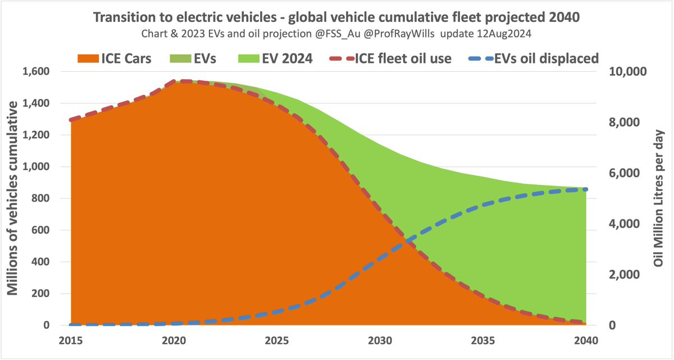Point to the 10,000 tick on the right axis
click(627, 71)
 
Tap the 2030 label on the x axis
click(380, 340)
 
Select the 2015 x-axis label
click(71, 340)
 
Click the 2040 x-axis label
click(586, 340)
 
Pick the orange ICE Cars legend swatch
click(88, 58)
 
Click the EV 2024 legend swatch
click(248, 58)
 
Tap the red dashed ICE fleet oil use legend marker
click(342, 58)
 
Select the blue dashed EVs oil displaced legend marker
click(481, 58)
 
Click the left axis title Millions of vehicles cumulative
click(12, 198)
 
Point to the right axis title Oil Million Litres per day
click(658, 198)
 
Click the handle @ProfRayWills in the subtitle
click(399, 33)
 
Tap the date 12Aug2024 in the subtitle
click(504, 33)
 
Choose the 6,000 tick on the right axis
click(625, 173)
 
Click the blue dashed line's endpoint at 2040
click(585, 189)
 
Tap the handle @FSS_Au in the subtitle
click(338, 34)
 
